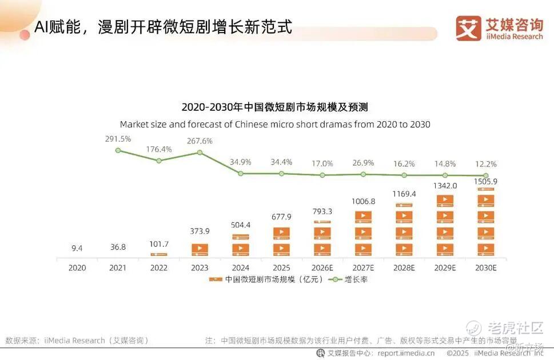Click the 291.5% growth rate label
point(118,139)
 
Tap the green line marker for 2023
point(200,152)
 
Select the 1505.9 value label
point(485,182)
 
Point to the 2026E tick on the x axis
point(322,267)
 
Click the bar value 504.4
point(241,225)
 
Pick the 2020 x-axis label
point(77,267)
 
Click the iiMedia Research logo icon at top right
point(468,28)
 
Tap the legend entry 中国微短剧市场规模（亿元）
point(266,280)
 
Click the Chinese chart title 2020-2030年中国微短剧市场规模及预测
point(274,107)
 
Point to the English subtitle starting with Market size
point(274,124)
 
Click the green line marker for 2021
point(118,150)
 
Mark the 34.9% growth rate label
point(241,162)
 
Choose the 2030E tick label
point(485,267)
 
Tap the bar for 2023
point(200,250)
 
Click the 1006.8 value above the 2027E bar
point(364,201)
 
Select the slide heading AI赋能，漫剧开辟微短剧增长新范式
point(163,27)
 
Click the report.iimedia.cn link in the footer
point(406,353)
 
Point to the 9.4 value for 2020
point(77,248)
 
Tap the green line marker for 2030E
point(485,175)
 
